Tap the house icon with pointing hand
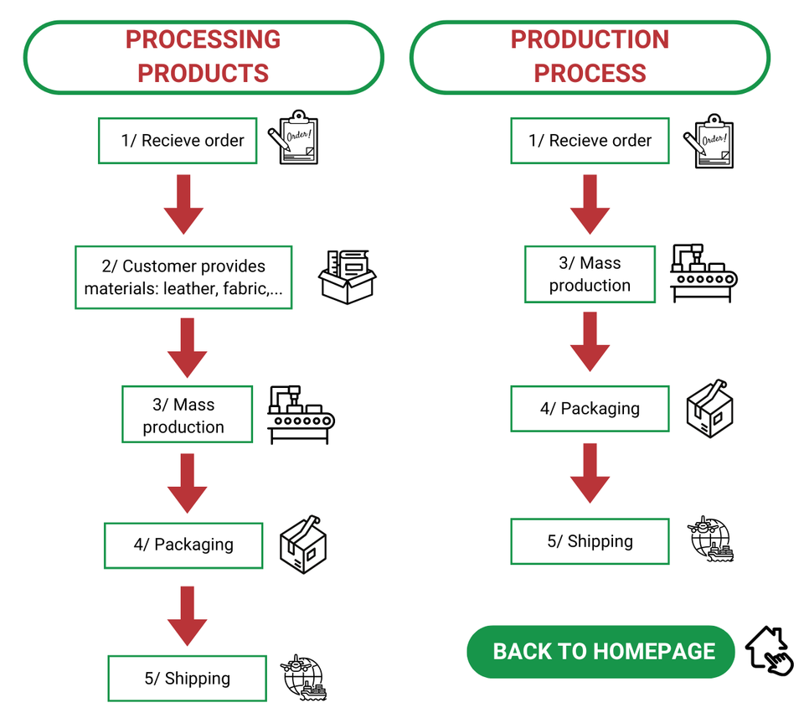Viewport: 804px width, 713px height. (769, 649)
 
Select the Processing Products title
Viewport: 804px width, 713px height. (203, 56)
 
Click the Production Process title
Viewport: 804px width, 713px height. (590, 56)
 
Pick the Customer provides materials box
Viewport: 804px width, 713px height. (183, 277)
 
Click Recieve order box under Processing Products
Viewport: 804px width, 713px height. (178, 141)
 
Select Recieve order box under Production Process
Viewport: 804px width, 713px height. (590, 141)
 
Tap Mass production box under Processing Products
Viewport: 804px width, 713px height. (187, 415)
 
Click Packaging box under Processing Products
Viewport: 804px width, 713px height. (183, 545)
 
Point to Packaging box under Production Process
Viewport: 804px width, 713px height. (590, 409)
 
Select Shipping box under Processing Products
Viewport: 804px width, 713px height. (187, 679)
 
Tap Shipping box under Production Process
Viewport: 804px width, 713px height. (590, 541)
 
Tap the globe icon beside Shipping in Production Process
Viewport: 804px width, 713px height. (711, 538)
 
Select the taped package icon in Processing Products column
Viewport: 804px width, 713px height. (302, 544)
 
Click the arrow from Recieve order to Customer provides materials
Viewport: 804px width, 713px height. (183, 204)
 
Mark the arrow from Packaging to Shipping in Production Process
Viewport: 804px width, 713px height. (590, 473)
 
